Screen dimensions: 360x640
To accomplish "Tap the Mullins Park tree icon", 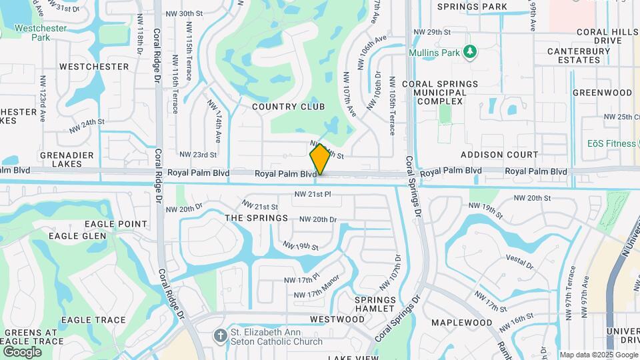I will (x=470, y=51).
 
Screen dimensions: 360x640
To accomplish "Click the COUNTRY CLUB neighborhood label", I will (x=288, y=107).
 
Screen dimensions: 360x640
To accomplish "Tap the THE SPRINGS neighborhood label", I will (x=257, y=218).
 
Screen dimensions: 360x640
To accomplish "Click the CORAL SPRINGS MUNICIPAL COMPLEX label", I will (x=440, y=92).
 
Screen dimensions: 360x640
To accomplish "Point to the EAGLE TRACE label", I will (x=93, y=320).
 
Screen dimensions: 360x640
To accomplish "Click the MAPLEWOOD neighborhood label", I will (x=461, y=323).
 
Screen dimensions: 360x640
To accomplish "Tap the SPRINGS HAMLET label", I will (x=375, y=304).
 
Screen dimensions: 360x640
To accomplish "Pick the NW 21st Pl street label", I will (x=313, y=195).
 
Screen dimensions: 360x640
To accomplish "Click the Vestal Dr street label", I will (x=520, y=261).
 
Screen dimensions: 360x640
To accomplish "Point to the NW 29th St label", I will (x=432, y=32).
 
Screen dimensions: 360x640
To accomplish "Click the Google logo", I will (x=22, y=351).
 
